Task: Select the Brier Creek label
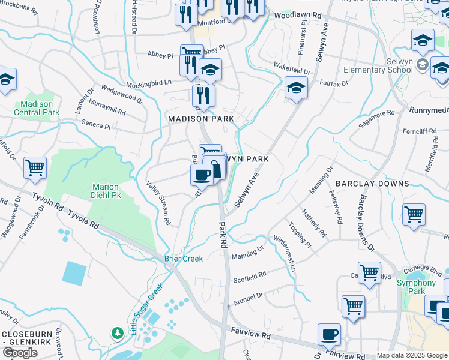click(184, 259)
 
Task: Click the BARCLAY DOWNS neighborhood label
click(372, 184)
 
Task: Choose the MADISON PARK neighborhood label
click(201, 119)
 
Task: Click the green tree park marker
click(118, 332)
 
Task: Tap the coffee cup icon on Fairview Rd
click(328, 334)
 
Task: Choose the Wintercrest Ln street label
click(285, 256)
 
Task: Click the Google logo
click(20, 353)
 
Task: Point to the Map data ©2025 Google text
click(411, 355)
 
